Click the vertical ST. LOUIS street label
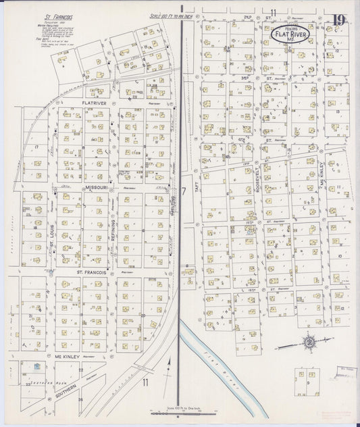[x=51, y=238]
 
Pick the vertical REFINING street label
[x=113, y=230]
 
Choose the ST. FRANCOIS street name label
[x=88, y=272]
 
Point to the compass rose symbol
[x=309, y=341]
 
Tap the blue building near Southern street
[x=38, y=367]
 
